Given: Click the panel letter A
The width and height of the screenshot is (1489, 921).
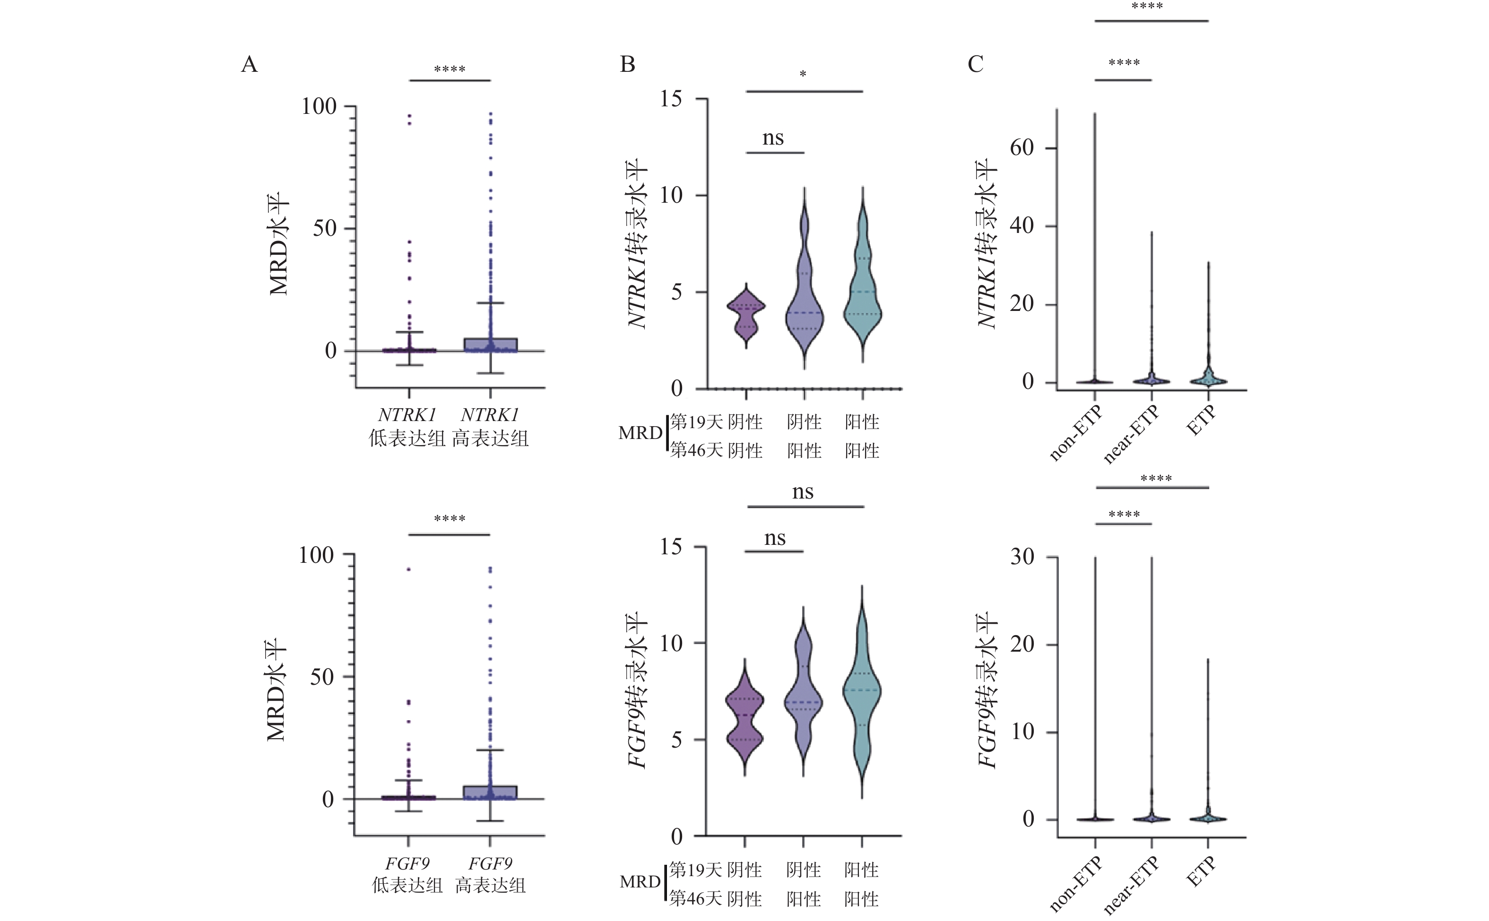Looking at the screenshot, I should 249,64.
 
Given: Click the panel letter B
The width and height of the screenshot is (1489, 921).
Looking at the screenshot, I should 628,64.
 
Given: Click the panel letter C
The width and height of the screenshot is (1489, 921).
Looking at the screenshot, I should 975,64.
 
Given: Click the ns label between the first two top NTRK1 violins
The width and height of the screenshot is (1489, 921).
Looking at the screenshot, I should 773,138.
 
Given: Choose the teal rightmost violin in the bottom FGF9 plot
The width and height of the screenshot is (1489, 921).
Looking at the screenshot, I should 861,694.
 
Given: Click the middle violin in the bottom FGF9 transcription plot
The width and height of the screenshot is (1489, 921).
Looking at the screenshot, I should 804,700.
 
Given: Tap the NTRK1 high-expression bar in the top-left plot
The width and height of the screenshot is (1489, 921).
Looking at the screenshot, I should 491,345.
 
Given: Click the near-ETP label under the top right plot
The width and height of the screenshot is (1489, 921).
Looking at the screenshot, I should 1131,435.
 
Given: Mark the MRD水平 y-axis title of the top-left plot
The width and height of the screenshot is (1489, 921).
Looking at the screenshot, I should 278,244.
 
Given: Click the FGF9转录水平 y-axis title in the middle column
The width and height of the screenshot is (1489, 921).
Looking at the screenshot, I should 637,690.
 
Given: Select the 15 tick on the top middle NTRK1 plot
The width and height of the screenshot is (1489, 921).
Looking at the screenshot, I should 671,99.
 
